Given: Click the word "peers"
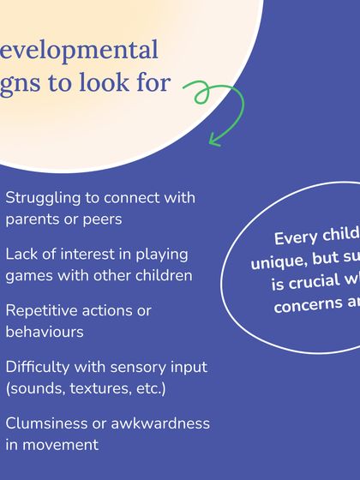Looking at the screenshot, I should click(101, 219).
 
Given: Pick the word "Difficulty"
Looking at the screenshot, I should click(40, 367).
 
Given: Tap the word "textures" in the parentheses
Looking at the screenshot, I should click(96, 388).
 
